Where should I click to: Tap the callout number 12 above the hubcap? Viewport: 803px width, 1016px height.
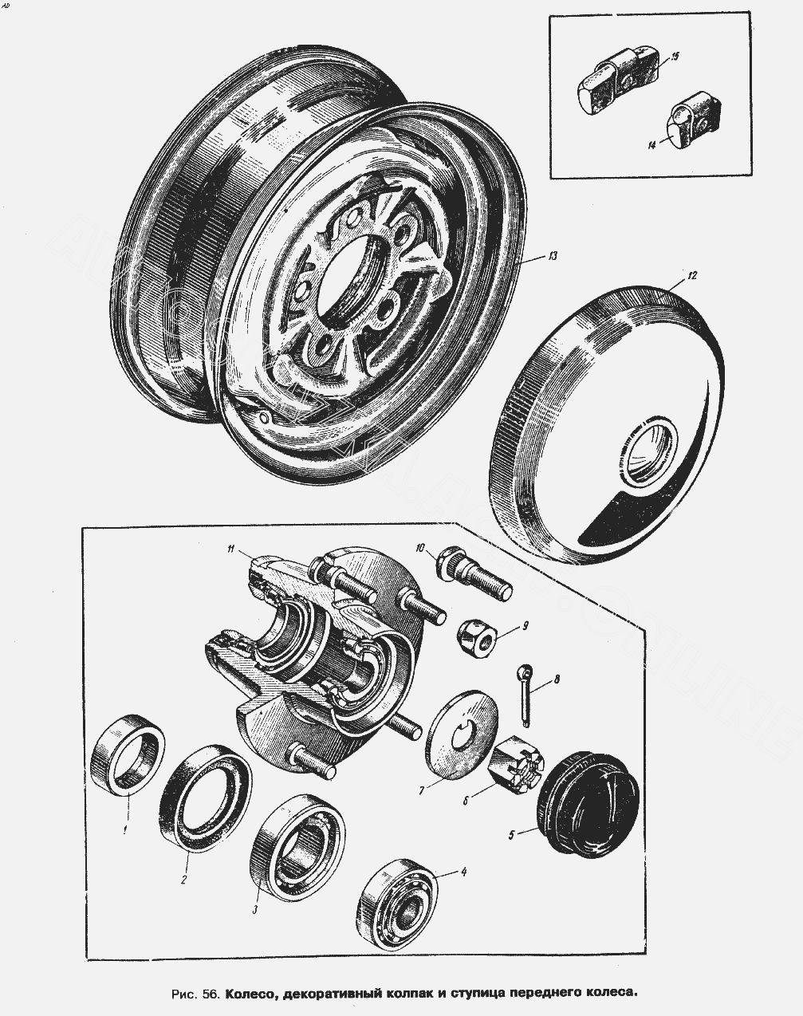[x=691, y=275]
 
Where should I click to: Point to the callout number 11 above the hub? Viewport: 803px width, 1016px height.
[x=230, y=549]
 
